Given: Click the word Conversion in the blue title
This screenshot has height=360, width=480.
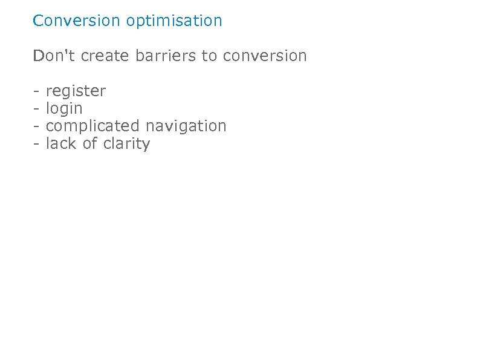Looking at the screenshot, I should click(x=77, y=21).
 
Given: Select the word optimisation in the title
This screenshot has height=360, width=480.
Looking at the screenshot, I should click(x=174, y=21).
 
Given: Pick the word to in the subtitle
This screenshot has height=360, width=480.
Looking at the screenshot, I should click(x=209, y=56).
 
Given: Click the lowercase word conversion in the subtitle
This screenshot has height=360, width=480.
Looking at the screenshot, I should click(x=265, y=56).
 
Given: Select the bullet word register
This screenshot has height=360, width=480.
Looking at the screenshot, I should click(x=76, y=92).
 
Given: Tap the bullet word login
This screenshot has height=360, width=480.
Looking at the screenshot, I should click(x=64, y=110).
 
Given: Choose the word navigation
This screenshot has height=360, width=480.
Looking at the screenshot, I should click(x=186, y=126).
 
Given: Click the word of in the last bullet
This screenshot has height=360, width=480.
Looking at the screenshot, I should click(x=90, y=143).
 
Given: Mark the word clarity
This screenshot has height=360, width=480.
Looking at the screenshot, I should click(x=126, y=145).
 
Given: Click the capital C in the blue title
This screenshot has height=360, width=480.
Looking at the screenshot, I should click(x=38, y=21).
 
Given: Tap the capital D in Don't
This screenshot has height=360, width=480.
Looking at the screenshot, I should click(x=39, y=56).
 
